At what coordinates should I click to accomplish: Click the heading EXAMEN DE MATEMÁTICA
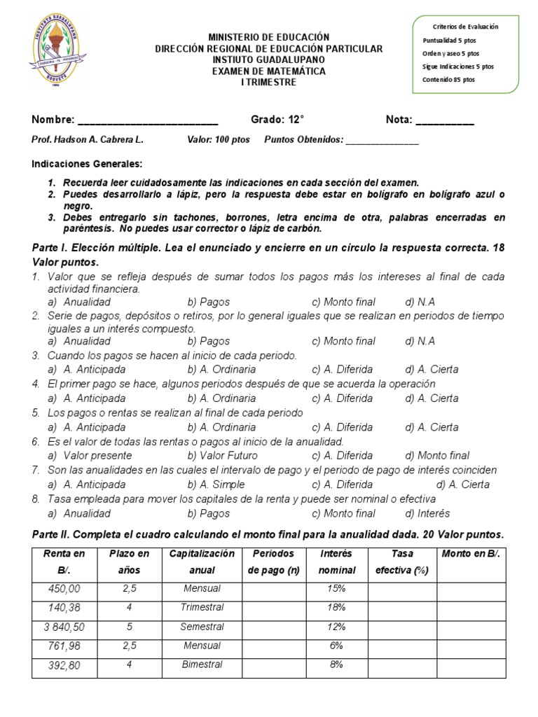coord(268,71)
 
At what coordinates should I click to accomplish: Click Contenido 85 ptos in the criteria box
coord(448,80)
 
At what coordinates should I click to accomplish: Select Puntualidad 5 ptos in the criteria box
coord(449,40)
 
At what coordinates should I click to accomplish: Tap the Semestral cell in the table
coord(202,627)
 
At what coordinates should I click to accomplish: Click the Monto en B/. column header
coord(470,554)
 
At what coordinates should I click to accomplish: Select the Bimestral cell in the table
coord(202,664)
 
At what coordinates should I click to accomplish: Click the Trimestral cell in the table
coord(202,608)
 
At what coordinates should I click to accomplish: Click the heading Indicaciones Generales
coord(87,164)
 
